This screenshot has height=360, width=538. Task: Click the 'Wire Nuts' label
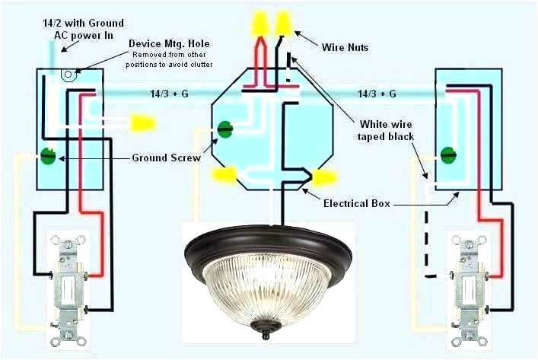(x=345, y=47)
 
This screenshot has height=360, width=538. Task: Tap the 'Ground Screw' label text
(x=166, y=158)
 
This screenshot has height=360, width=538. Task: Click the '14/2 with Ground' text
(x=83, y=24)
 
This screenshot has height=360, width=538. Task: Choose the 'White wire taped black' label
(x=386, y=129)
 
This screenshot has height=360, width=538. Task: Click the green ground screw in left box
(x=48, y=158)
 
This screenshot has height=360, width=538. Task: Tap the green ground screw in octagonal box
(x=225, y=129)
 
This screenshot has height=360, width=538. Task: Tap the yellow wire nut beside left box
(x=142, y=121)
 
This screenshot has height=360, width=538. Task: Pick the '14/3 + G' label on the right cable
(x=377, y=94)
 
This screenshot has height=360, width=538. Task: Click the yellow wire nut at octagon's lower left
(x=225, y=177)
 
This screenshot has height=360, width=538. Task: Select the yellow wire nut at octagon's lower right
(x=324, y=178)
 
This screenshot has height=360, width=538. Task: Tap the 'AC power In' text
(x=83, y=36)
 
